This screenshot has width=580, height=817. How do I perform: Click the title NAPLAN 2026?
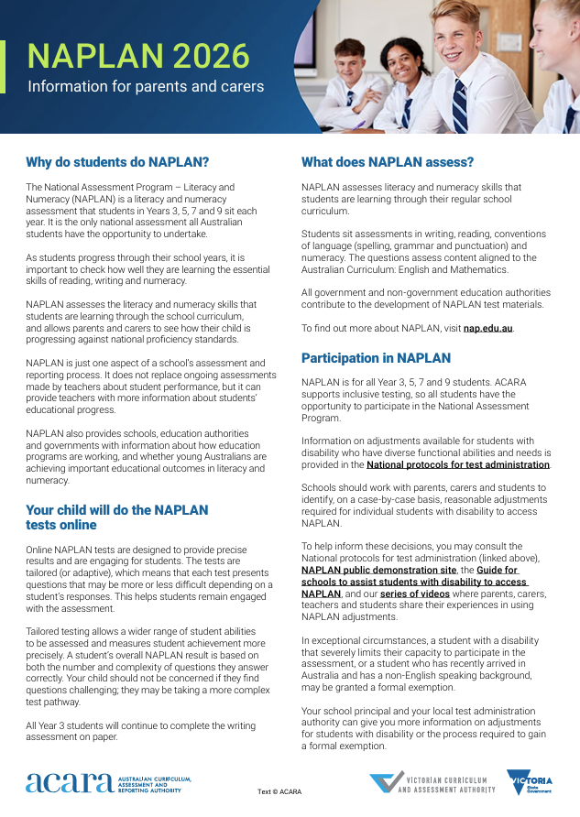point(138,57)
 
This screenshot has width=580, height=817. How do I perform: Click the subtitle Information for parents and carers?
point(146,87)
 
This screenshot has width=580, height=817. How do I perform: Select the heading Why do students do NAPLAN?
point(117,163)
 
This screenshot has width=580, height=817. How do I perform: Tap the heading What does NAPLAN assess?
point(388,163)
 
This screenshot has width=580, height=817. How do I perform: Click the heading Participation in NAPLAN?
point(376,358)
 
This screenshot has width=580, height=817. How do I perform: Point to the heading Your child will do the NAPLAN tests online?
point(116,517)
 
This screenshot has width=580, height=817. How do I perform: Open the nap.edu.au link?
point(488,328)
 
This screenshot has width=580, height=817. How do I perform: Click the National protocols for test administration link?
point(458,464)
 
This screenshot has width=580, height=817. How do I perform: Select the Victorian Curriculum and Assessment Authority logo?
point(432,784)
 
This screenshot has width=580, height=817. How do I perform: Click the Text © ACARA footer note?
point(279,791)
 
